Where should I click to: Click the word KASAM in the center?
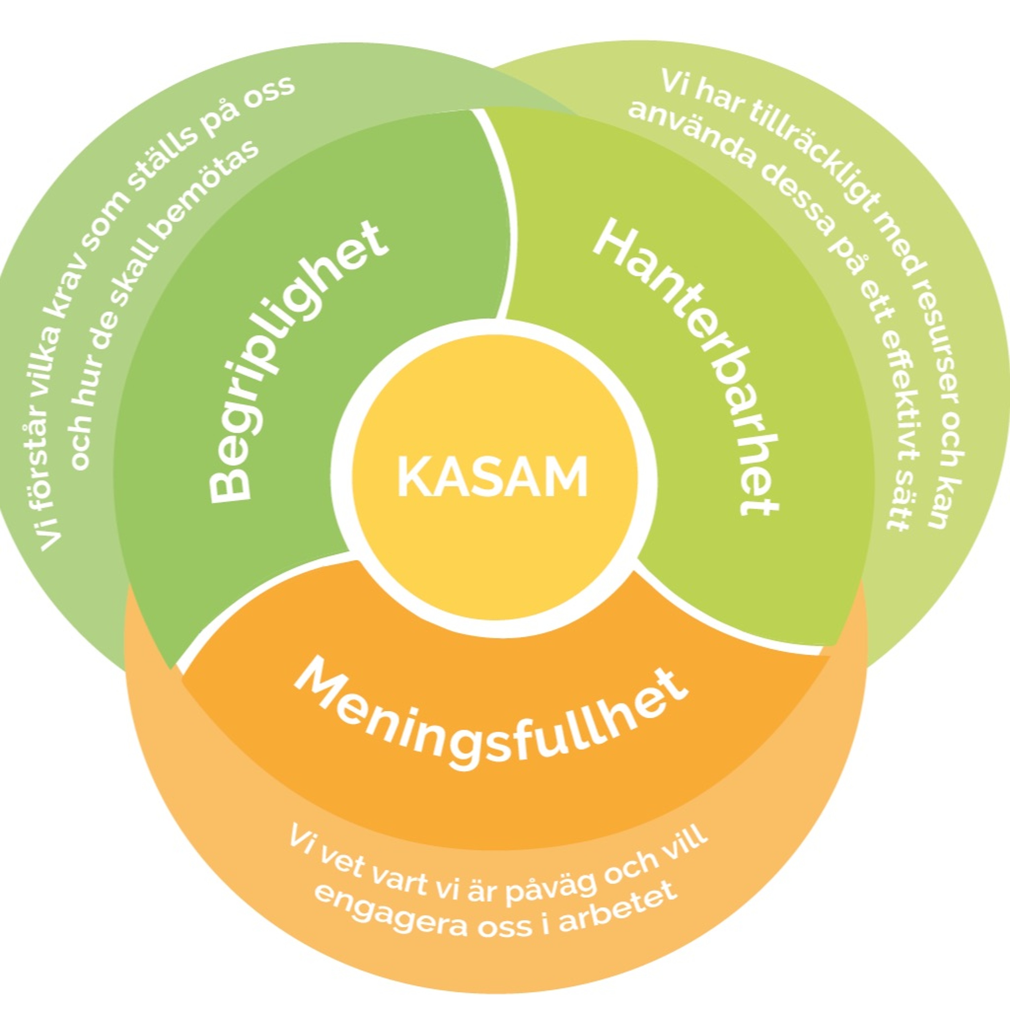coord(493,476)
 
